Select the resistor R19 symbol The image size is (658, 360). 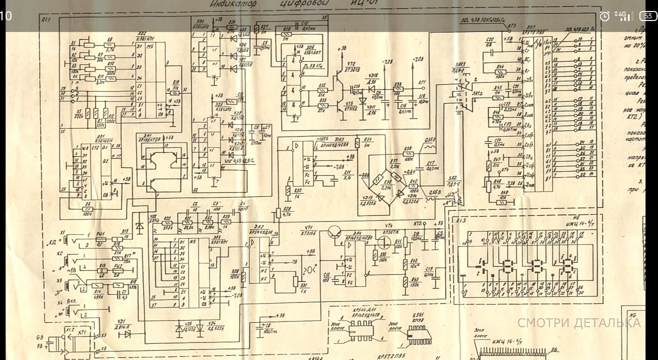tap(175, 93)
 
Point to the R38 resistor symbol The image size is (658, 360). tap(397, 92)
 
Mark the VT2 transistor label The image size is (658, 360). tap(352, 64)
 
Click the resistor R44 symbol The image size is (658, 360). tap(500, 71)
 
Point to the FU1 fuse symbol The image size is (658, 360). tap(101, 239)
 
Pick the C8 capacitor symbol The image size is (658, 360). tap(259, 326)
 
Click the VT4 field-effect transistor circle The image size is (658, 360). tap(384, 242)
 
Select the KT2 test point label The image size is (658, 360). tap(418, 223)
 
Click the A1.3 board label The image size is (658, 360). tap(460, 220)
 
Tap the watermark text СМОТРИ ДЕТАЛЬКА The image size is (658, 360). tap(578, 323)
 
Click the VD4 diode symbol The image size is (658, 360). tap(200, 327)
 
